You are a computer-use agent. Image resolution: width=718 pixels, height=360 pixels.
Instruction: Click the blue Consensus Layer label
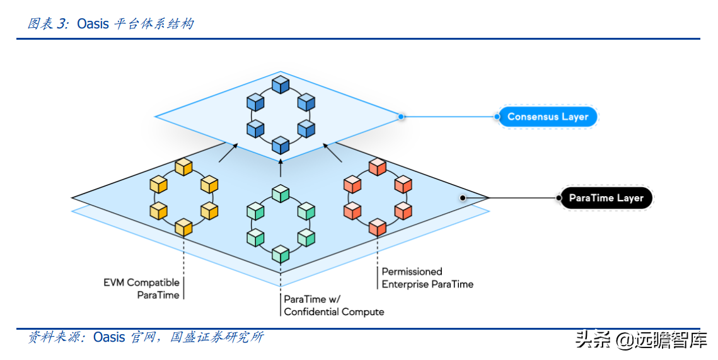547,117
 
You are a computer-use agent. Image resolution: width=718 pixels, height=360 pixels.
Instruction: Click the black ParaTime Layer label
606,198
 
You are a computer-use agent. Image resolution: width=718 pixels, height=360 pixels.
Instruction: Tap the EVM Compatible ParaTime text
141,289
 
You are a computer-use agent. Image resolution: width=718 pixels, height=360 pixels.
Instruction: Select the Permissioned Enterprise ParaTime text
427,278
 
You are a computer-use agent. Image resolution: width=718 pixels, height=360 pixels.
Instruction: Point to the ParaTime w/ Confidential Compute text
333,305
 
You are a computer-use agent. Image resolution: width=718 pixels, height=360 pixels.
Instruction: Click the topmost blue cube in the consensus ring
279,85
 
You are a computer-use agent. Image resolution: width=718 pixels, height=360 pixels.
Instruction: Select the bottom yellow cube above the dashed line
183,227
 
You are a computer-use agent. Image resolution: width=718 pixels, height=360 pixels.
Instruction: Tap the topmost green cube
280,194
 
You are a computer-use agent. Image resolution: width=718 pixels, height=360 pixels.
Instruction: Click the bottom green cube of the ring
280,255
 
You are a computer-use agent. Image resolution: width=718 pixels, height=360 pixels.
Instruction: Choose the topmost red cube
377,167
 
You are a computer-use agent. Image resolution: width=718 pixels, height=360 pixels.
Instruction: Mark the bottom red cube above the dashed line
377,227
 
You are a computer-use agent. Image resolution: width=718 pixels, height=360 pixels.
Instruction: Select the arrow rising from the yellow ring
229,153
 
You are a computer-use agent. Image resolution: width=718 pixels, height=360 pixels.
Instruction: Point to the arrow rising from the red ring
332,153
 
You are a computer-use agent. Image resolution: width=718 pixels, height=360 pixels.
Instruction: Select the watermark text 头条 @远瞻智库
640,340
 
